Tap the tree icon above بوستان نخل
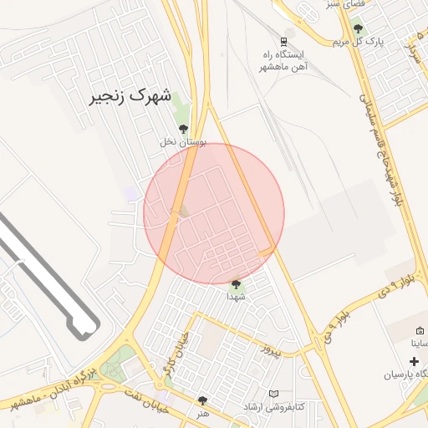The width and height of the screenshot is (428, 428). (x=183, y=129)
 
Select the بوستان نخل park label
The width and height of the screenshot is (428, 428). (x=183, y=142)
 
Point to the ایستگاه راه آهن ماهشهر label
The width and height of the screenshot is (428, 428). (x=284, y=60)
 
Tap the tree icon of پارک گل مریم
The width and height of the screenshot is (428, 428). (x=358, y=28)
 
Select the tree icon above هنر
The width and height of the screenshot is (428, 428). (x=202, y=400)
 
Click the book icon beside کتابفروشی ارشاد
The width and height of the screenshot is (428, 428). (x=274, y=394)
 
